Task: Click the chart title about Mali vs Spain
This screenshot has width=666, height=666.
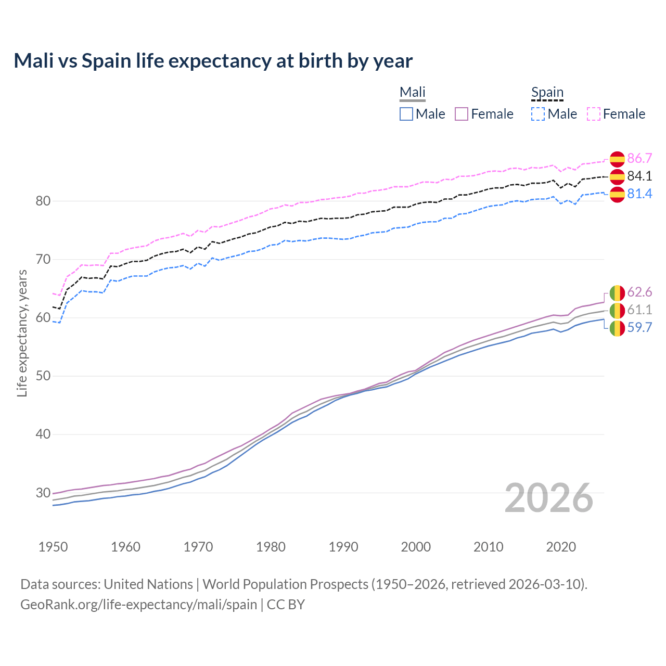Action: (x=213, y=61)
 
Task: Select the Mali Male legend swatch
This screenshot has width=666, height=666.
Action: (x=406, y=114)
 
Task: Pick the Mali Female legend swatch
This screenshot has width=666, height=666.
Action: (x=462, y=114)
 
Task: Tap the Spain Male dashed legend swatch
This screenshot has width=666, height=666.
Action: (x=538, y=114)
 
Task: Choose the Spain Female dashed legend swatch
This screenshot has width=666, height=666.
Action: (x=594, y=114)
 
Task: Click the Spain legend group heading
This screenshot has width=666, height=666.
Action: (x=547, y=93)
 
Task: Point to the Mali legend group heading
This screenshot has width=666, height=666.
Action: (x=413, y=93)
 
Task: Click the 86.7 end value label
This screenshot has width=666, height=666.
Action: (x=639, y=159)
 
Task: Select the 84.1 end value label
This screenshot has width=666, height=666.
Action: (x=639, y=176)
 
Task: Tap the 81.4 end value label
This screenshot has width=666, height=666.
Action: (x=639, y=194)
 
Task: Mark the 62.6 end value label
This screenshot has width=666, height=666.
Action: (x=639, y=292)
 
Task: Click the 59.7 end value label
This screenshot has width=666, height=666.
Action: (x=639, y=327)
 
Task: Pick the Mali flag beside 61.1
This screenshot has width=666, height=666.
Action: (x=617, y=311)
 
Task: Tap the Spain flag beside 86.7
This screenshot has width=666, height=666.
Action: (x=617, y=159)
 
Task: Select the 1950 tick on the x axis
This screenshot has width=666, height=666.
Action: (x=53, y=547)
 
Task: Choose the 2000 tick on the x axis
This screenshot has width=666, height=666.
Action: (x=416, y=547)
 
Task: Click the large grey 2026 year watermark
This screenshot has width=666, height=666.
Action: (x=549, y=498)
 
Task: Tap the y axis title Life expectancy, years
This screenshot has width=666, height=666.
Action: (x=22, y=333)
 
